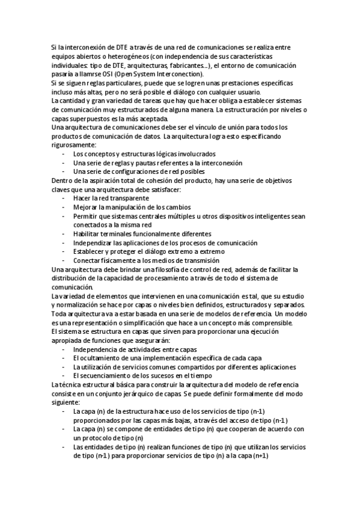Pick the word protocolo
pos(101,438)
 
